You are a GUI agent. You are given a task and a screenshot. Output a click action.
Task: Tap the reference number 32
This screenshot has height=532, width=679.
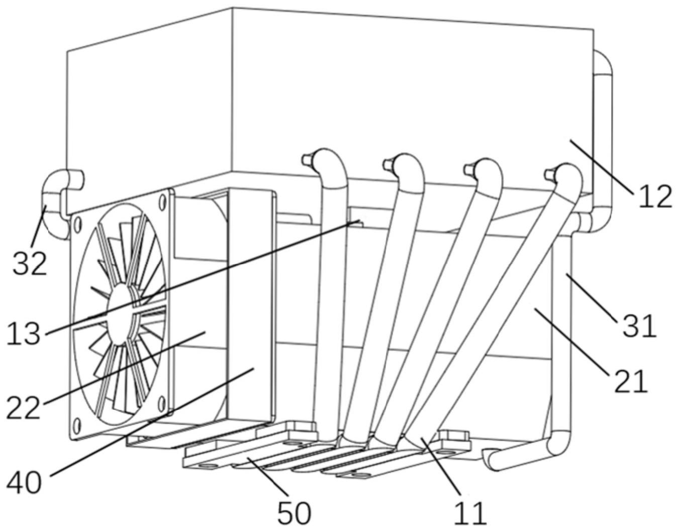[30, 263]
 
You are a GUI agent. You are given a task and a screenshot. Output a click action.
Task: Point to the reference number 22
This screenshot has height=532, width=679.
[23, 407]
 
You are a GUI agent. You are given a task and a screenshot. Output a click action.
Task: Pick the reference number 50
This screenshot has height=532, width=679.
[294, 512]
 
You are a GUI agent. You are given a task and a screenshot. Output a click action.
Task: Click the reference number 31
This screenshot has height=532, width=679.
[639, 326]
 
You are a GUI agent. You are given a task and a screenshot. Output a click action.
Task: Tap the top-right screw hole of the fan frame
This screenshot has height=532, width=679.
[162, 203]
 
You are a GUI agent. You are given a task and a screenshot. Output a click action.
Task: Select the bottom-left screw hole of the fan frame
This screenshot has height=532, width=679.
[77, 427]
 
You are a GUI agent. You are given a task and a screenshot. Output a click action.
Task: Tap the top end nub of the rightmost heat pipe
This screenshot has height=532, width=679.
[549, 174]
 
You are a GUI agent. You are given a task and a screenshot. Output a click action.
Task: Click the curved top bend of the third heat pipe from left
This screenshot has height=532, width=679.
[488, 174]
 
